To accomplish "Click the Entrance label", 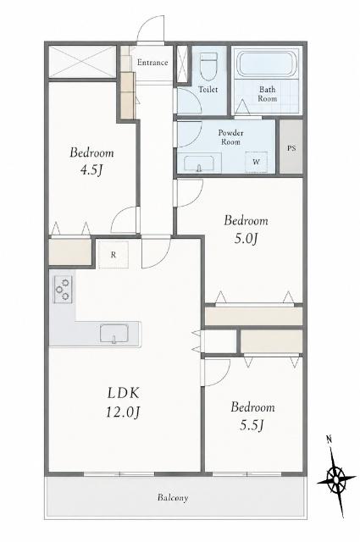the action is click(x=152, y=63).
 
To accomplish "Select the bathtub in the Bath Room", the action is click(x=266, y=64).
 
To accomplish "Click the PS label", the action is click(x=291, y=148).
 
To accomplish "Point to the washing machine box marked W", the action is click(x=257, y=162).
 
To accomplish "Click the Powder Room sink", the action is click(x=198, y=163).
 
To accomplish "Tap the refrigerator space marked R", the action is click(x=114, y=255).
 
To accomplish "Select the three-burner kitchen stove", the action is click(x=63, y=290).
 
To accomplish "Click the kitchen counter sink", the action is click(x=114, y=334).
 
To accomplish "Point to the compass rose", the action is click(x=336, y=479).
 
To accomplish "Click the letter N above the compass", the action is click(x=329, y=440).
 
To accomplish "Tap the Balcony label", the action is click(x=173, y=497).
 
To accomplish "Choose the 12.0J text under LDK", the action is click(x=123, y=412).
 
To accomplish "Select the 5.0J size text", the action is click(x=246, y=238).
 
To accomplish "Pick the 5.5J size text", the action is click(x=252, y=425).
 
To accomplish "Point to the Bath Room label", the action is click(x=268, y=94).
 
